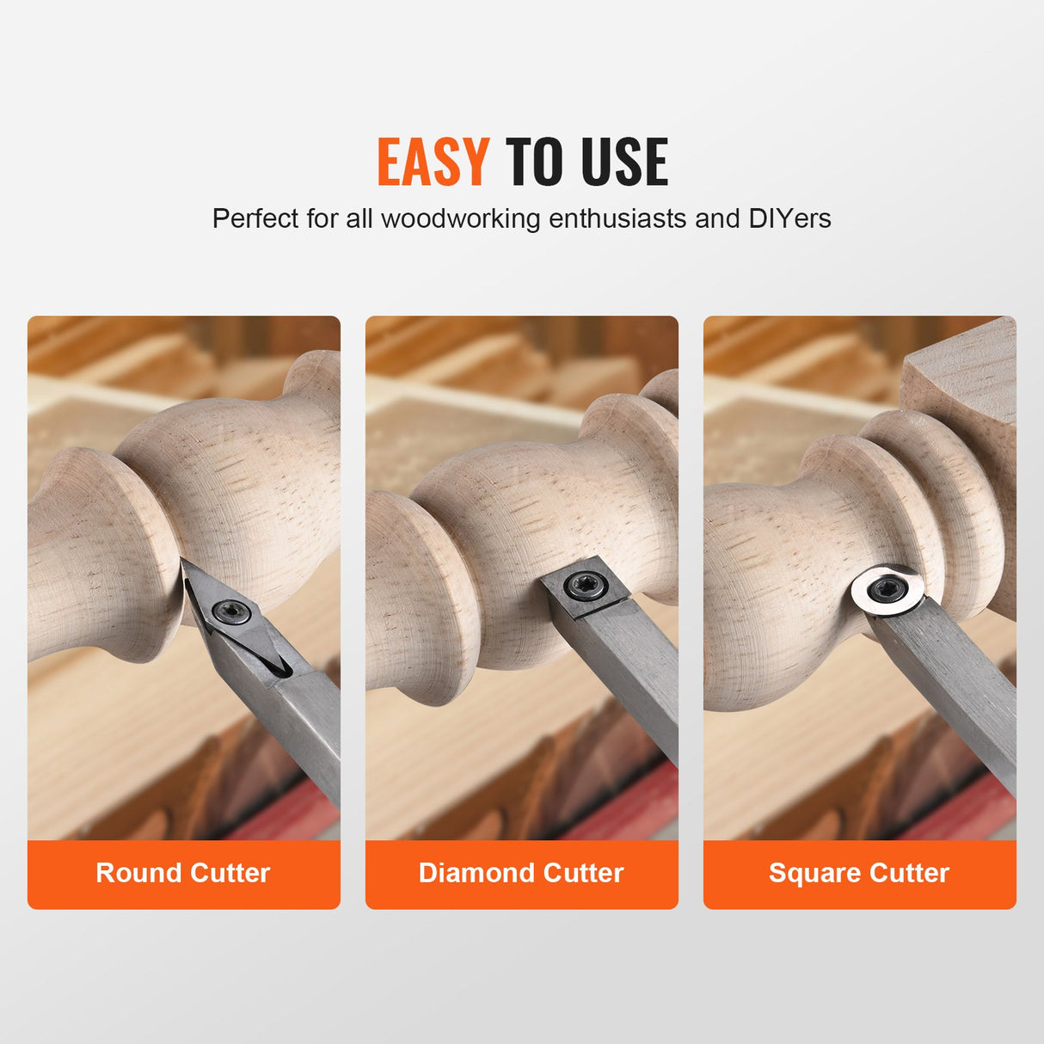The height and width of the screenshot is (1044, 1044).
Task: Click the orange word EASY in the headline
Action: point(433,162)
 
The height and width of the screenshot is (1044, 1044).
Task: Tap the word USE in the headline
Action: point(624,162)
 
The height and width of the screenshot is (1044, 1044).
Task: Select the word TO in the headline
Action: point(533,162)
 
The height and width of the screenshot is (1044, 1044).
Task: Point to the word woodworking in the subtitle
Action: point(460,218)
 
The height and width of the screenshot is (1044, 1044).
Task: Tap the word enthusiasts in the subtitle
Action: point(618,218)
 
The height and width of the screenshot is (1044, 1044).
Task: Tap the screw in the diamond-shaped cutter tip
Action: point(231,612)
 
